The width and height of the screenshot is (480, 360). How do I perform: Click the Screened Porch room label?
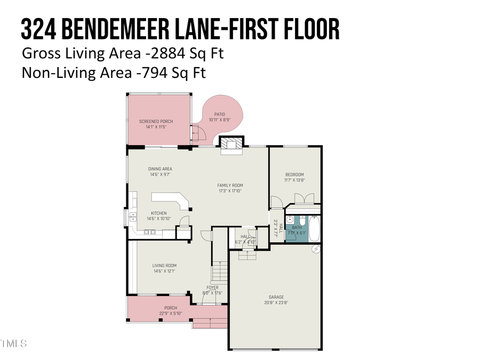[156, 122]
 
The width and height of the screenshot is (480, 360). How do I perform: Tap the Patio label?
[220, 114]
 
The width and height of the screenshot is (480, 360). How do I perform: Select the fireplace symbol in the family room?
[231, 143]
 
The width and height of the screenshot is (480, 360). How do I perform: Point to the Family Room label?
[230, 185]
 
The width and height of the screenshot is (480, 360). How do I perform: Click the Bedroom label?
[294, 175]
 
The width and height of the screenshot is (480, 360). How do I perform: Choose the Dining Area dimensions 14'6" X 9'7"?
[160, 174]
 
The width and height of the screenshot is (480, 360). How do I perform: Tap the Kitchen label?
[158, 213]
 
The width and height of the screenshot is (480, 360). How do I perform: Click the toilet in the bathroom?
[301, 220]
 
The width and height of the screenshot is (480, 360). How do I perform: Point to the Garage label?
[276, 297]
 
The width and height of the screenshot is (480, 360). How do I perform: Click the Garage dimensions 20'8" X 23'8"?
[276, 302]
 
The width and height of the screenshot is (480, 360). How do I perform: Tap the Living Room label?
[164, 266]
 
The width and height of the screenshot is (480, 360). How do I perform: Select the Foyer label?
[213, 287]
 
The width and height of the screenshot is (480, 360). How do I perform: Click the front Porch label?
[171, 308]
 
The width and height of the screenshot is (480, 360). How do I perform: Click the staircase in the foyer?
[220, 272]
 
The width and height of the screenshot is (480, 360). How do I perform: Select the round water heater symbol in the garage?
[316, 249]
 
